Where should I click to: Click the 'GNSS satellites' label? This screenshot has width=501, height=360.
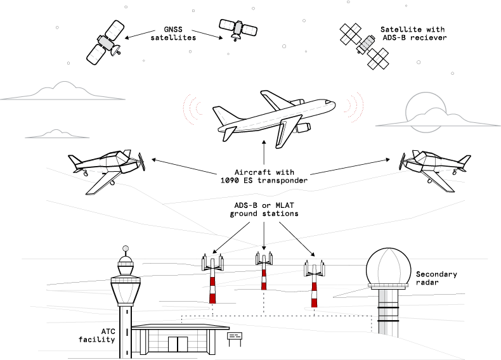[x=172, y=33]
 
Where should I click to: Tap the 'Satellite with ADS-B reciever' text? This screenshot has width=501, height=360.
[x=413, y=33]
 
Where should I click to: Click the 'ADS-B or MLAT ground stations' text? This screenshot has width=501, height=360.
[x=264, y=210]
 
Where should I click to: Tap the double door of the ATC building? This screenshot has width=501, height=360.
[x=178, y=344]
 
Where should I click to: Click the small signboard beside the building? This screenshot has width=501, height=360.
[x=235, y=336]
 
